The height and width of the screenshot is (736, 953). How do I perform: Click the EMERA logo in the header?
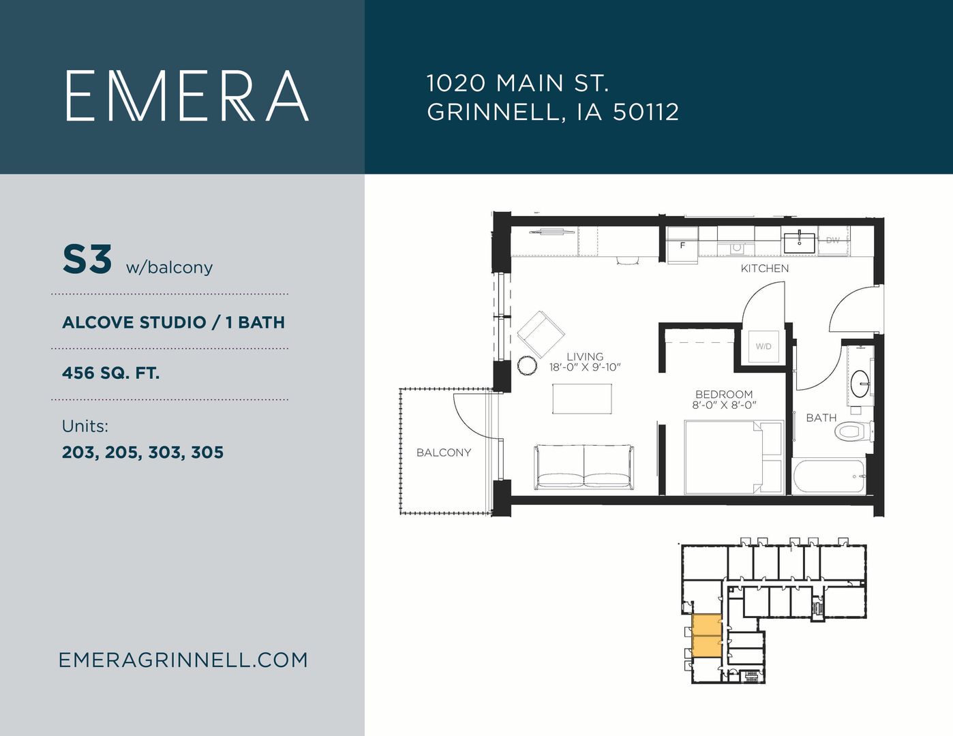187,95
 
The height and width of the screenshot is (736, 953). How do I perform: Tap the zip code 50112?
646,112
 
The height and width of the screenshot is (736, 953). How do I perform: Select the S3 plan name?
87,260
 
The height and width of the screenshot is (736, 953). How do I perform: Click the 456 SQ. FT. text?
110,373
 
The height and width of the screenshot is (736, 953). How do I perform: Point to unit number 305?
207,452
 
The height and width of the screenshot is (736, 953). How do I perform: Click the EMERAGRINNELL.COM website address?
183,660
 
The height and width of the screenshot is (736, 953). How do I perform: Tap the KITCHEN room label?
764,269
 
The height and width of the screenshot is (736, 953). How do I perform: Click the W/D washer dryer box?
763,346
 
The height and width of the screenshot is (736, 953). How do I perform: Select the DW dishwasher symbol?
833,240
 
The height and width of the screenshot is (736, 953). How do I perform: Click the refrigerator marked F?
682,245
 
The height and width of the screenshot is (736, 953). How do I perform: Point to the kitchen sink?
800,243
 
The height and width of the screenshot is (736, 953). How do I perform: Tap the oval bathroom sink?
860,384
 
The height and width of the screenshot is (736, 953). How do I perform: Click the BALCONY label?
443,453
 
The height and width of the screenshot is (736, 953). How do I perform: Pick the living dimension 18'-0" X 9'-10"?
585,367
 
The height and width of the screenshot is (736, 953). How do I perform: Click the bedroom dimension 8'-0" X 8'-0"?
724,405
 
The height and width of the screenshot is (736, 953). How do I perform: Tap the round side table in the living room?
527,365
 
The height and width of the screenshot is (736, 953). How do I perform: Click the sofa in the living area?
584,467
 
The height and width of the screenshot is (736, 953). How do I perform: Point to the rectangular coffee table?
582,399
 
